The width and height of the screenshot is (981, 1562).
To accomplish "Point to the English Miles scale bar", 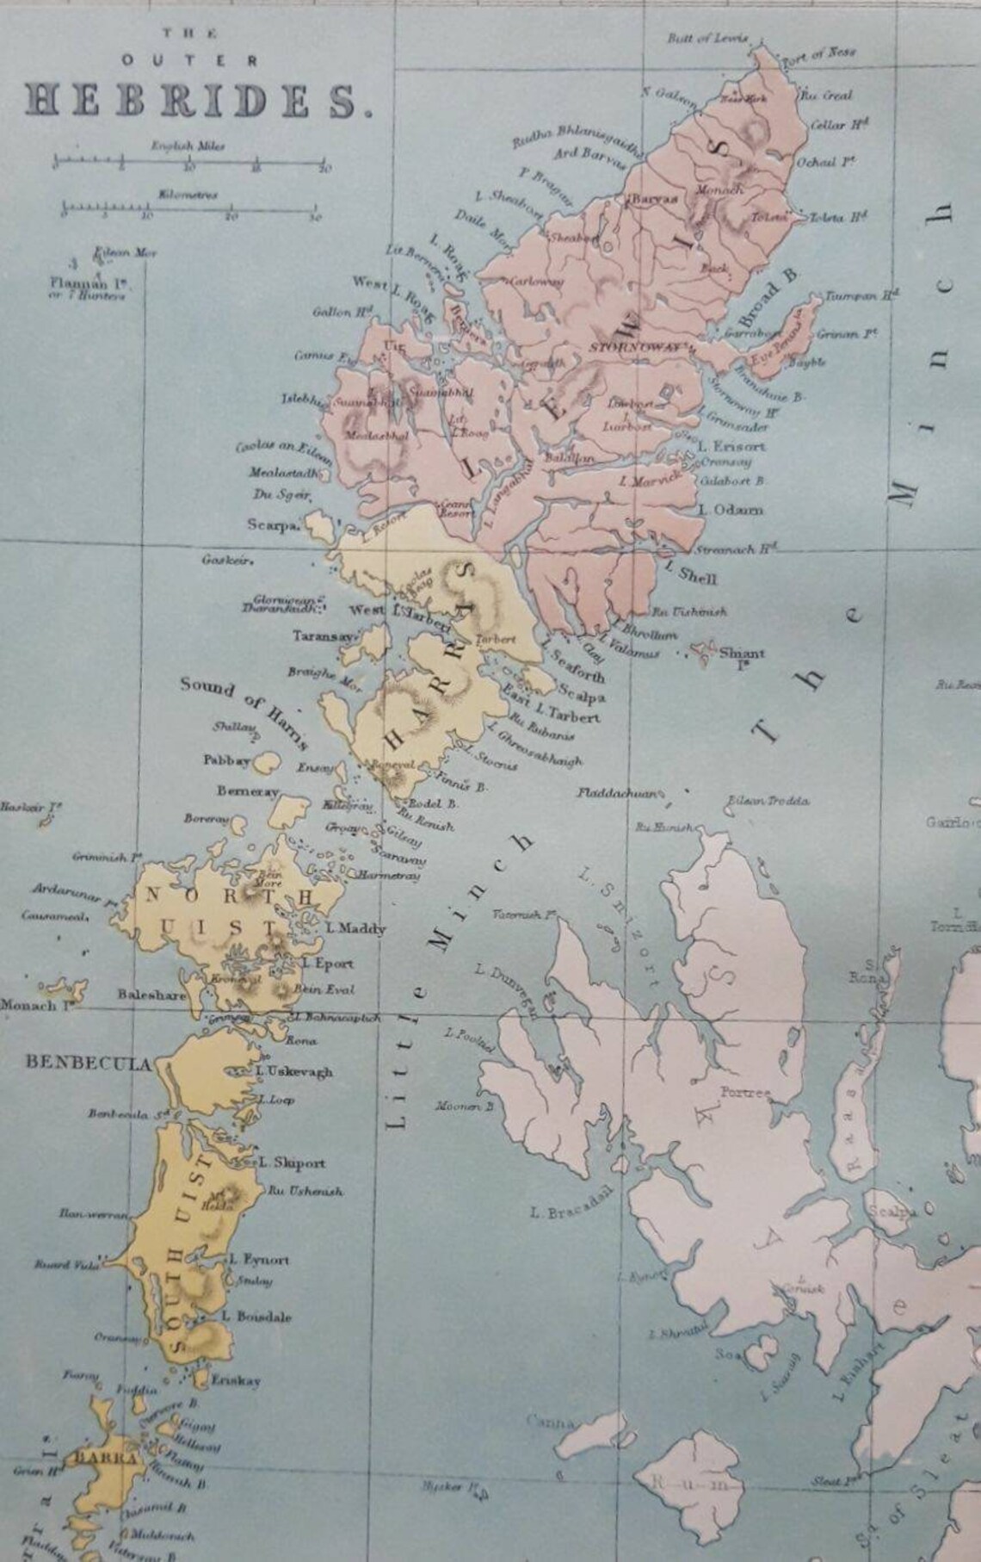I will click(x=189, y=162).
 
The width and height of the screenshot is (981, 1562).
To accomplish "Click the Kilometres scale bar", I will click(x=189, y=208).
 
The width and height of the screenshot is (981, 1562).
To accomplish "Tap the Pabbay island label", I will click(x=226, y=761).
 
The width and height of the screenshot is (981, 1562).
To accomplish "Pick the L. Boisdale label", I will click(x=257, y=1317).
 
